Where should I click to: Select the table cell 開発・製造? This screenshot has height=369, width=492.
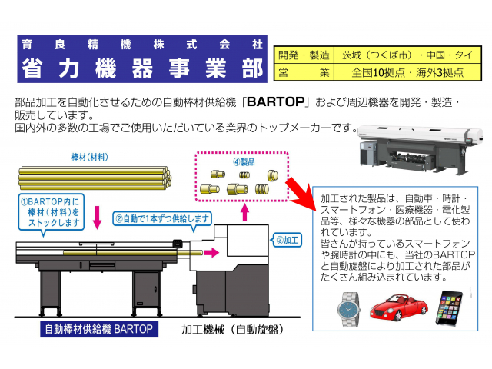pos(304,56)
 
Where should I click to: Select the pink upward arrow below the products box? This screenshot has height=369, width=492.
pos(244,212)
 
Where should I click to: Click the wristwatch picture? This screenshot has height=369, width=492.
pos(347,309)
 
